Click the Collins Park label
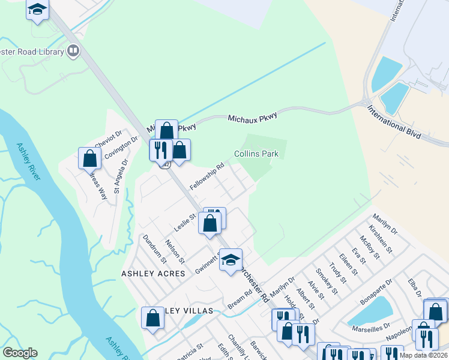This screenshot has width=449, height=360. (x=256, y=154)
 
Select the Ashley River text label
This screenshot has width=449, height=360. (x=28, y=161)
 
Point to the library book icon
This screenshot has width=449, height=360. (x=73, y=51)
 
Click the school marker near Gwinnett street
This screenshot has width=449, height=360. (x=230, y=260)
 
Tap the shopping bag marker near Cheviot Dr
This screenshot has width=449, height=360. (x=90, y=158)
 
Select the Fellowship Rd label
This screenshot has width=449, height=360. (x=208, y=175)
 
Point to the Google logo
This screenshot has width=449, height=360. (x=20, y=353)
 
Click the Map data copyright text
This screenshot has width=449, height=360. (x=423, y=355)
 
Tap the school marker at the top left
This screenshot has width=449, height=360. (x=38, y=10)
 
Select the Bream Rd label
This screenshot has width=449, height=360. (x=240, y=301)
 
